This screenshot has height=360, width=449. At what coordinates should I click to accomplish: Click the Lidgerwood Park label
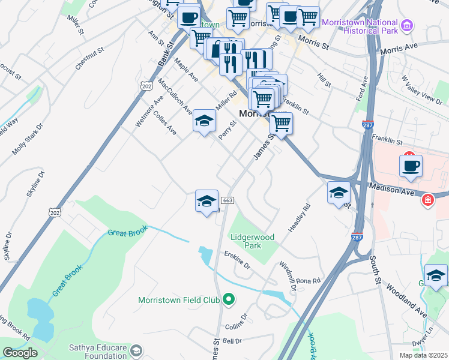(x=253, y=241)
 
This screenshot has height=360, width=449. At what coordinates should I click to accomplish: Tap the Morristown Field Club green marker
(x=228, y=299)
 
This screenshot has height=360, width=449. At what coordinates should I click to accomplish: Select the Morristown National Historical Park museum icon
(x=408, y=25)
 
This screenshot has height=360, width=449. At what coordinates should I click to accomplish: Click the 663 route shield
(x=227, y=200)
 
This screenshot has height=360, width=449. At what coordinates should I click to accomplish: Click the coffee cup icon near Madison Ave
(x=411, y=166)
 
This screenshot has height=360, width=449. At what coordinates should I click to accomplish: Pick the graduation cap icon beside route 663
(x=206, y=201)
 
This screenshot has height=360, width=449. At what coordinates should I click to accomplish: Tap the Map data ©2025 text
(x=423, y=355)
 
